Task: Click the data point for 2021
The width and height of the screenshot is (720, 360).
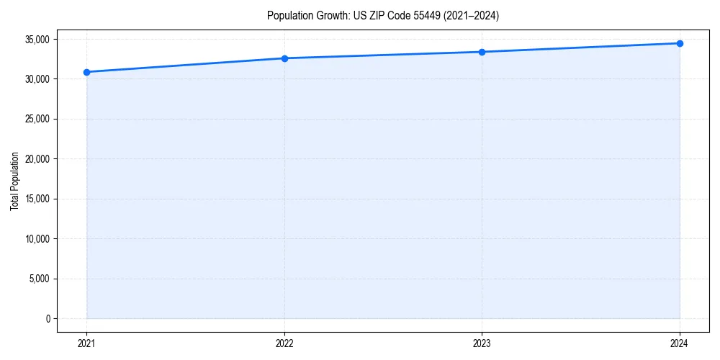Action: [x=86, y=72]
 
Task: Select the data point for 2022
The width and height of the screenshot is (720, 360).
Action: [x=284, y=58]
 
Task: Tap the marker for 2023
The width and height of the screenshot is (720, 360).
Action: [x=482, y=52]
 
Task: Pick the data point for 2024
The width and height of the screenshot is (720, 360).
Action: [x=680, y=43]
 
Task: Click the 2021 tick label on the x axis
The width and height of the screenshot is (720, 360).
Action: [x=86, y=343]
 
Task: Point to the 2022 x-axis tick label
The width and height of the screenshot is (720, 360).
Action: [x=284, y=343]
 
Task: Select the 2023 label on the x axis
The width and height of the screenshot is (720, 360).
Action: [x=482, y=343]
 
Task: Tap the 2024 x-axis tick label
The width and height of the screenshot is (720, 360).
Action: [x=680, y=343]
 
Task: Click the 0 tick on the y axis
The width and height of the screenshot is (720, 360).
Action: [x=48, y=319]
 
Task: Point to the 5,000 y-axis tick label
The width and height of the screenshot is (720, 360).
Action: [x=40, y=279]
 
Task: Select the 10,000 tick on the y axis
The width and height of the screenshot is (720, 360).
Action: [x=37, y=239]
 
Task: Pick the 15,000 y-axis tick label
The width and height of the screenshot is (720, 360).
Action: [x=37, y=199]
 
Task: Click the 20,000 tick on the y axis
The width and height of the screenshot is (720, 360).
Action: [x=37, y=159]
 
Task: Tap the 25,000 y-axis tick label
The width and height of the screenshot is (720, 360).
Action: [x=37, y=119]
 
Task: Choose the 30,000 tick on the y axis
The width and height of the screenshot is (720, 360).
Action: [x=37, y=79]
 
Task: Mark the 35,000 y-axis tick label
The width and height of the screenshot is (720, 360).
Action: [x=37, y=39]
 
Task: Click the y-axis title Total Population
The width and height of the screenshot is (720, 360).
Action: [x=15, y=181]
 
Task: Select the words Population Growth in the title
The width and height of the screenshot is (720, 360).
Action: [x=302, y=15]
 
